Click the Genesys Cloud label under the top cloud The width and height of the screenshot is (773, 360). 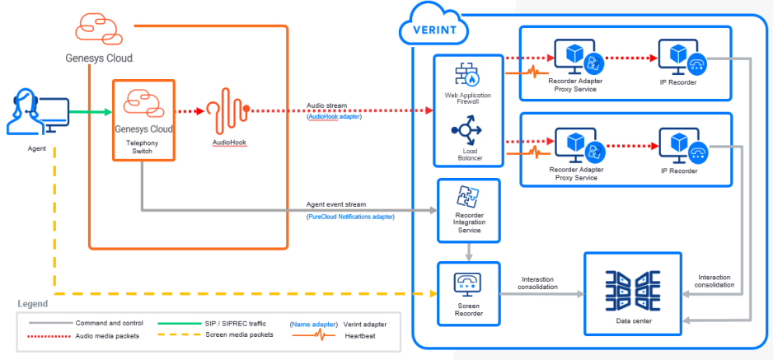pos(100,58)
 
